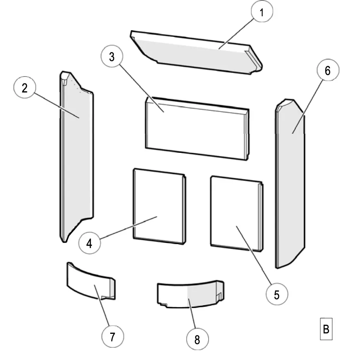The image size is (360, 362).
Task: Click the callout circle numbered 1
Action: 262,12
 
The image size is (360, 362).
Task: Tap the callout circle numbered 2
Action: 25,88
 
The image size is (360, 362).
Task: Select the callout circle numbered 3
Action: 112,57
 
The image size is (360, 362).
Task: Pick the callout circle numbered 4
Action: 89,243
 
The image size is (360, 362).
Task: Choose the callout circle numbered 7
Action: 112,337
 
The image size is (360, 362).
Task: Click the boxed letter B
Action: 326,329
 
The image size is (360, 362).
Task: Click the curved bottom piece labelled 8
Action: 186,296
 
